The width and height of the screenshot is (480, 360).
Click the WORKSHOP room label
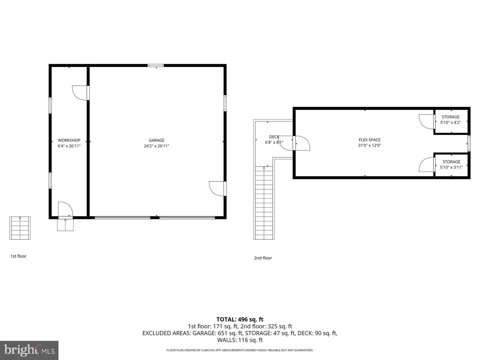69,140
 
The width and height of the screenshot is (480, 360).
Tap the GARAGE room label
156,140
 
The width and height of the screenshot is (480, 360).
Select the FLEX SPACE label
370,139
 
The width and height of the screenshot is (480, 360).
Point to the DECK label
274,137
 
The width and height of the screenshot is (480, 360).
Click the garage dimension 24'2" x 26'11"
156,146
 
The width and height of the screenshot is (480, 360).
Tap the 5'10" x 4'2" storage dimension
450,122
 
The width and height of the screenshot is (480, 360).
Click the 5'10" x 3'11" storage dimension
451,167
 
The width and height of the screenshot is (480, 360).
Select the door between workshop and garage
81,93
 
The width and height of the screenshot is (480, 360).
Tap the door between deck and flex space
301,143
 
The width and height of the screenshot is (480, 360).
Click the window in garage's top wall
156,65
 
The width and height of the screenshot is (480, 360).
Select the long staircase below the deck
264,202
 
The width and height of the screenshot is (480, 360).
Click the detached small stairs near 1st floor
20,228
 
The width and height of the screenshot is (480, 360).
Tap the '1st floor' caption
18,256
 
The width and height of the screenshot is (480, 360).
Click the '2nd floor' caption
263,258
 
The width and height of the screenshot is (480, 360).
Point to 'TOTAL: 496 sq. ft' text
240,319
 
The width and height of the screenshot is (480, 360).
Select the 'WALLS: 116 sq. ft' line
240,340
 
